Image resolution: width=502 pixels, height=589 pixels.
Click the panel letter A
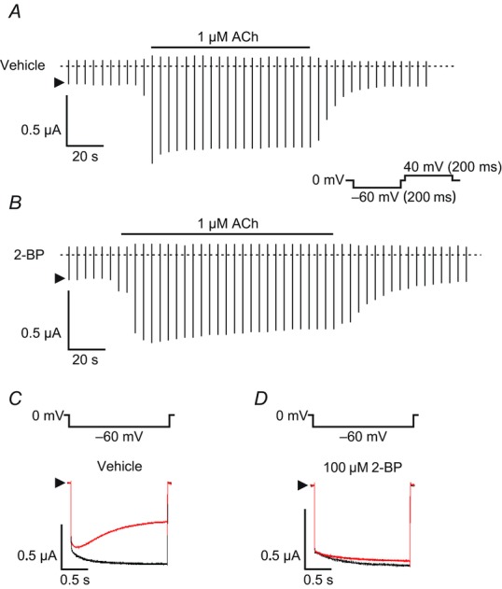point(15,12)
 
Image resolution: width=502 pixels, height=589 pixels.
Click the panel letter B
point(15,203)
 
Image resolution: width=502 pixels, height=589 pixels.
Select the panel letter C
point(15,399)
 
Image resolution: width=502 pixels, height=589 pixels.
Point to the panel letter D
point(261,399)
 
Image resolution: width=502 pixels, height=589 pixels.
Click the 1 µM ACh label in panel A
point(228,36)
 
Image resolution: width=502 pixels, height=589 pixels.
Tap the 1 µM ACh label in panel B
point(228,223)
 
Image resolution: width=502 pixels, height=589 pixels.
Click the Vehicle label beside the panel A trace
point(22,65)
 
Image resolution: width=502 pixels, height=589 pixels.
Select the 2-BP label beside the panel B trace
point(29,255)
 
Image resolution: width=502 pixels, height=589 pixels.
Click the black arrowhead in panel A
point(60,83)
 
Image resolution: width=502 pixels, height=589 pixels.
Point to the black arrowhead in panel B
point(60,278)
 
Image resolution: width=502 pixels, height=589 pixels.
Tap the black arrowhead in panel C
point(60,483)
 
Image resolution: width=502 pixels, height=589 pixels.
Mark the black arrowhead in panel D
point(302,485)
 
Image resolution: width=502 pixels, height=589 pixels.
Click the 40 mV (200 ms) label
point(453,166)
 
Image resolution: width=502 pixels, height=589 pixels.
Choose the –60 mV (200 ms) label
point(404,196)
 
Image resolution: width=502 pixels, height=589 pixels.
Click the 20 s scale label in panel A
point(85,156)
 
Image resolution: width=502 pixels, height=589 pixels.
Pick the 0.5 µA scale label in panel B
point(41,333)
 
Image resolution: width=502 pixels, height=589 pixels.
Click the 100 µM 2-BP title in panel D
point(363,468)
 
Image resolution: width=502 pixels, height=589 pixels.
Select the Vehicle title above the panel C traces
point(119,466)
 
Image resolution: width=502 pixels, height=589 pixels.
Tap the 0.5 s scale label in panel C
point(75,580)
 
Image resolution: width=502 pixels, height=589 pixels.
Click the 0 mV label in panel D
point(292,415)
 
